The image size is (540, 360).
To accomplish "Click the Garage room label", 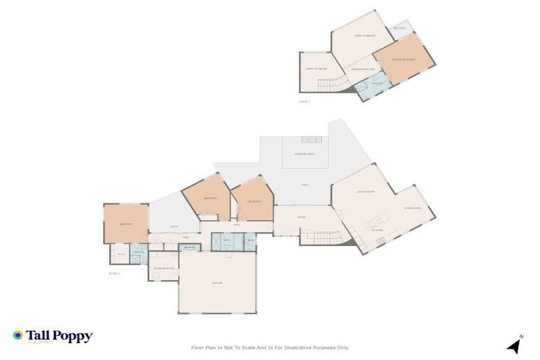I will (217, 283).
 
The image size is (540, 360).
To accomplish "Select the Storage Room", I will (163, 268).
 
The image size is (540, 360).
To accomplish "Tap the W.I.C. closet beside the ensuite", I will (121, 254).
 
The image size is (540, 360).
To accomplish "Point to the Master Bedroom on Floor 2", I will (404, 60).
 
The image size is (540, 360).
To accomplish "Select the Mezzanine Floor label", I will (361, 69).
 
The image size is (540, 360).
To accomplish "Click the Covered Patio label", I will (305, 154).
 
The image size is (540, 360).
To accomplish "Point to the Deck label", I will (305, 185).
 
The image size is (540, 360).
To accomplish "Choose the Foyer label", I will (301, 217).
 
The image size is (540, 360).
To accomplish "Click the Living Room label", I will (365, 191).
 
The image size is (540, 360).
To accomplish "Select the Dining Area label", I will (412, 208).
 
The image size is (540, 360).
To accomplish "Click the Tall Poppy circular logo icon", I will (18, 336).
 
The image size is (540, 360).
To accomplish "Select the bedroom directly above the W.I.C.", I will (126, 224).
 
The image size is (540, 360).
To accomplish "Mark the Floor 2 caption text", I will (304, 102).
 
